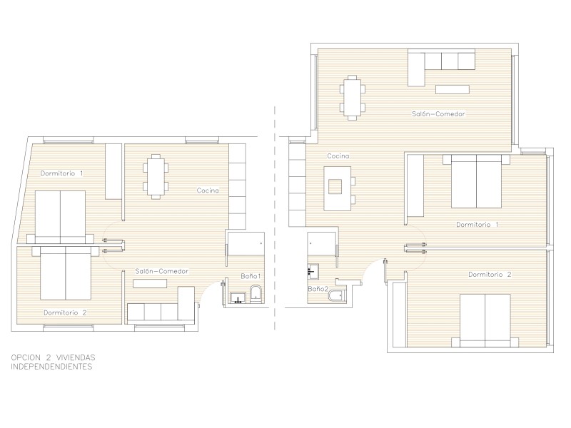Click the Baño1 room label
click(x=251, y=276)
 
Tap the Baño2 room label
click(x=318, y=289)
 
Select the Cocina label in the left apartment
click(x=208, y=190)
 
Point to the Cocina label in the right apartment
click(x=338, y=156)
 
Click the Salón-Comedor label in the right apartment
click(x=438, y=114)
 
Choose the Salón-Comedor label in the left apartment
click(x=162, y=271)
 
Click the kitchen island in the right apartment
click(x=338, y=188)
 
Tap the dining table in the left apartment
click(x=156, y=177)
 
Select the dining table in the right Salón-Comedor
click(x=352, y=98)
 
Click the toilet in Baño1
click(x=256, y=293)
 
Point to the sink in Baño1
click(x=238, y=297)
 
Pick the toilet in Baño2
click(x=337, y=296)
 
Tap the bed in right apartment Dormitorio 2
click(x=485, y=320)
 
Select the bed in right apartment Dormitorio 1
click(x=476, y=181)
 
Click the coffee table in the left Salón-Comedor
click(x=150, y=283)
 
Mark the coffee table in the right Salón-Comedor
click(x=453, y=89)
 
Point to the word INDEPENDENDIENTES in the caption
click(x=51, y=367)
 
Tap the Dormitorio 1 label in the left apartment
click(x=61, y=173)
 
